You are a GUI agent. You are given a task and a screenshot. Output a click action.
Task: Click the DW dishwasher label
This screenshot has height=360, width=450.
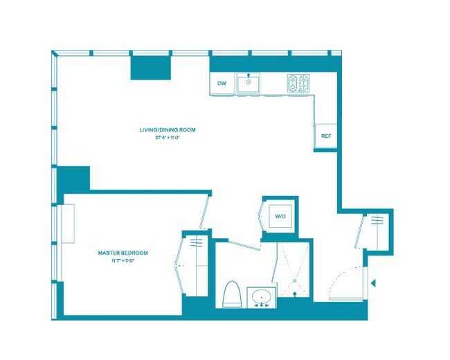point(222,84)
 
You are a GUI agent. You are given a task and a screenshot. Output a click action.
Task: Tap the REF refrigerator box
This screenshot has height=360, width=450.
point(325,136)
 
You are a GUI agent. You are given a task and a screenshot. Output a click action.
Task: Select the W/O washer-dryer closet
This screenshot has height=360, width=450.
point(280,217)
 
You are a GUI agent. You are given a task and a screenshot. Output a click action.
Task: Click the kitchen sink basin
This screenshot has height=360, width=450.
point(247,84)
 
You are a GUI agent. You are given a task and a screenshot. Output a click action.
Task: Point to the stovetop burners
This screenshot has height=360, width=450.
point(299,84)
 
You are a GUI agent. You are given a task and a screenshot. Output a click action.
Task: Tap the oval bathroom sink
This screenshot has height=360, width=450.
point(261,298)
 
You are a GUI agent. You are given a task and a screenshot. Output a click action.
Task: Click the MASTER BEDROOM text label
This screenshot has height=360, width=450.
point(123,253)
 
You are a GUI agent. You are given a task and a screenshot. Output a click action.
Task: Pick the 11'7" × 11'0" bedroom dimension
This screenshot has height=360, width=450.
point(123,261)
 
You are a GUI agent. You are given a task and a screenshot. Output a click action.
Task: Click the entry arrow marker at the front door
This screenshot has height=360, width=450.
point(372,282)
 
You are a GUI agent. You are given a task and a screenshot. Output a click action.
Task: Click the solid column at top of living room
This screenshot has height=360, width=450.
point(152,66)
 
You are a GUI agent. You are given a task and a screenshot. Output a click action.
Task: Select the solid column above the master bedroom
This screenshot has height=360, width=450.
point(73,179)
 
